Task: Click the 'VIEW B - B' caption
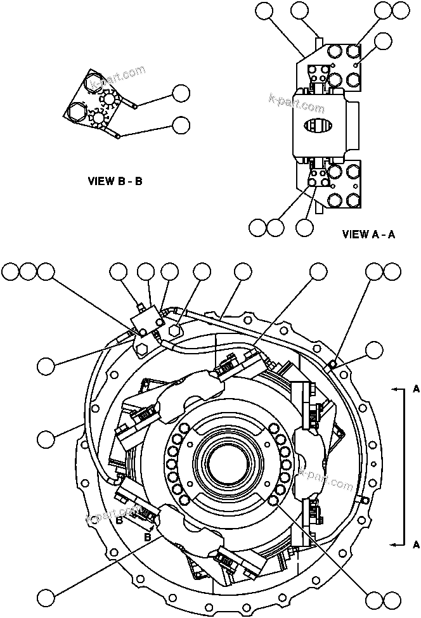click(x=115, y=181)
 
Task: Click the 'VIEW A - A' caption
click(x=368, y=234)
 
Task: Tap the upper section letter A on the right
click(x=415, y=389)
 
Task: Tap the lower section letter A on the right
click(x=415, y=544)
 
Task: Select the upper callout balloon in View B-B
click(x=181, y=93)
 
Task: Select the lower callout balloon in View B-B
click(x=181, y=125)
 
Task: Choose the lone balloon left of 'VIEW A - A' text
click(x=307, y=227)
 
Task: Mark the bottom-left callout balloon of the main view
click(x=46, y=598)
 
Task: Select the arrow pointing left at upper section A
click(x=396, y=389)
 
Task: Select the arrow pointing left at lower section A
click(x=396, y=544)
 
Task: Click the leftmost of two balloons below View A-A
click(x=257, y=227)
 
